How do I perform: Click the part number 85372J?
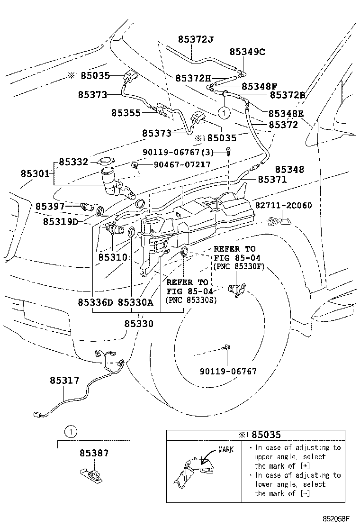(196, 40)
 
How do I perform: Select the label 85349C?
(247, 52)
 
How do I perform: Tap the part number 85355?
(126, 113)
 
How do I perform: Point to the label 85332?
(73, 162)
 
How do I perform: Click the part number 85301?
(35, 174)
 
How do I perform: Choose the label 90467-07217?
(182, 165)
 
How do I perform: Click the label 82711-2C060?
(283, 205)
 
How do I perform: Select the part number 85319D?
(61, 222)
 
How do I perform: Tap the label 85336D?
(95, 302)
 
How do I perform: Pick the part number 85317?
(64, 381)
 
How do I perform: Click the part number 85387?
(94, 453)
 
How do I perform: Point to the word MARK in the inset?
(225, 449)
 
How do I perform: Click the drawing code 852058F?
(336, 519)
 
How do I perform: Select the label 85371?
(272, 180)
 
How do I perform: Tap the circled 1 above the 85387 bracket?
(71, 432)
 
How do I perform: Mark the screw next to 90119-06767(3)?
(229, 152)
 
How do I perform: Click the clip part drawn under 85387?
(91, 475)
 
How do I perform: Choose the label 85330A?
(135, 302)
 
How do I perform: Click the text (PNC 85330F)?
(239, 266)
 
